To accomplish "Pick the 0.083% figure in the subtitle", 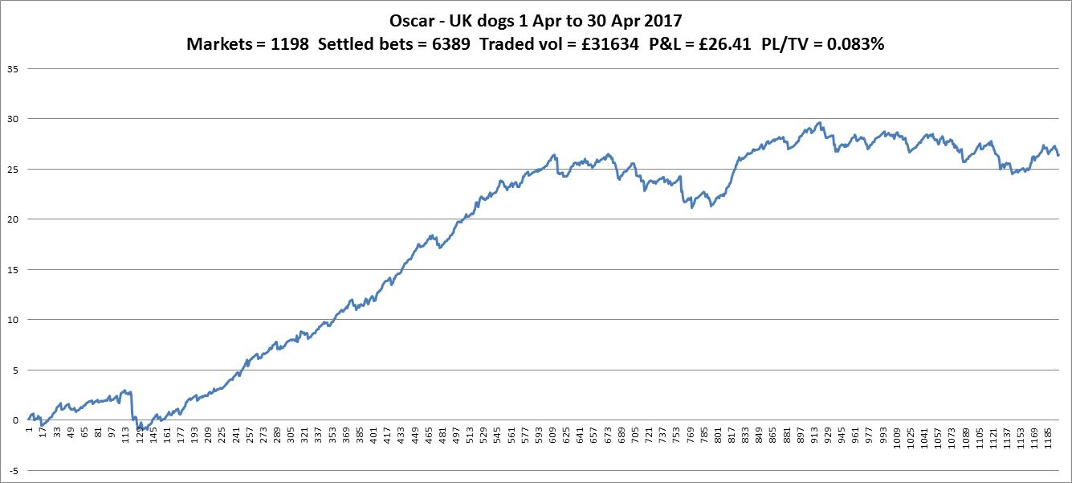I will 853,45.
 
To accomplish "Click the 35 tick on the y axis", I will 13,68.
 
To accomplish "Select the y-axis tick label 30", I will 13,119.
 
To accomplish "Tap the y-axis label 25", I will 13,169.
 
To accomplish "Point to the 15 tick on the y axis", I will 13,269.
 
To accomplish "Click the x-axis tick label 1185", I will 1050,439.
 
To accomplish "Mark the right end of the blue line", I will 1058,155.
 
